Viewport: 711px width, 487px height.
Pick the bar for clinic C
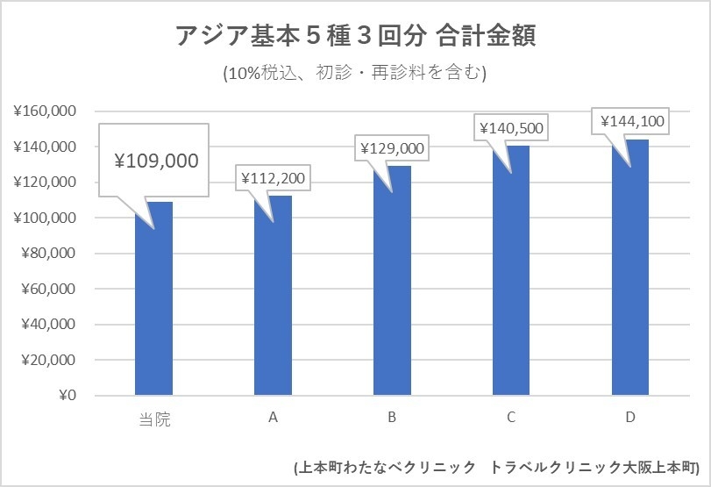click(511, 272)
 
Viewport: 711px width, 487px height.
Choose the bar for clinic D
click(630, 268)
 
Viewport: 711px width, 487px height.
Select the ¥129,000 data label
click(392, 149)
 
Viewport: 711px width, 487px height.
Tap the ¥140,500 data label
click(511, 128)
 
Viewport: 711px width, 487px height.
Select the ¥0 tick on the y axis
click(66, 396)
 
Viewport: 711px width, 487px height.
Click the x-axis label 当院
click(153, 419)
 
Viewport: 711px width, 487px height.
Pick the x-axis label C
click(511, 418)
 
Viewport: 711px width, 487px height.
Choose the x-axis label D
click(630, 418)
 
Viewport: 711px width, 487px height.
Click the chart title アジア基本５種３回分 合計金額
click(355, 36)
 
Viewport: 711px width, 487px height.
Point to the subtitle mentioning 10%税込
click(355, 73)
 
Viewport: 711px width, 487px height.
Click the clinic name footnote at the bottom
click(496, 467)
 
